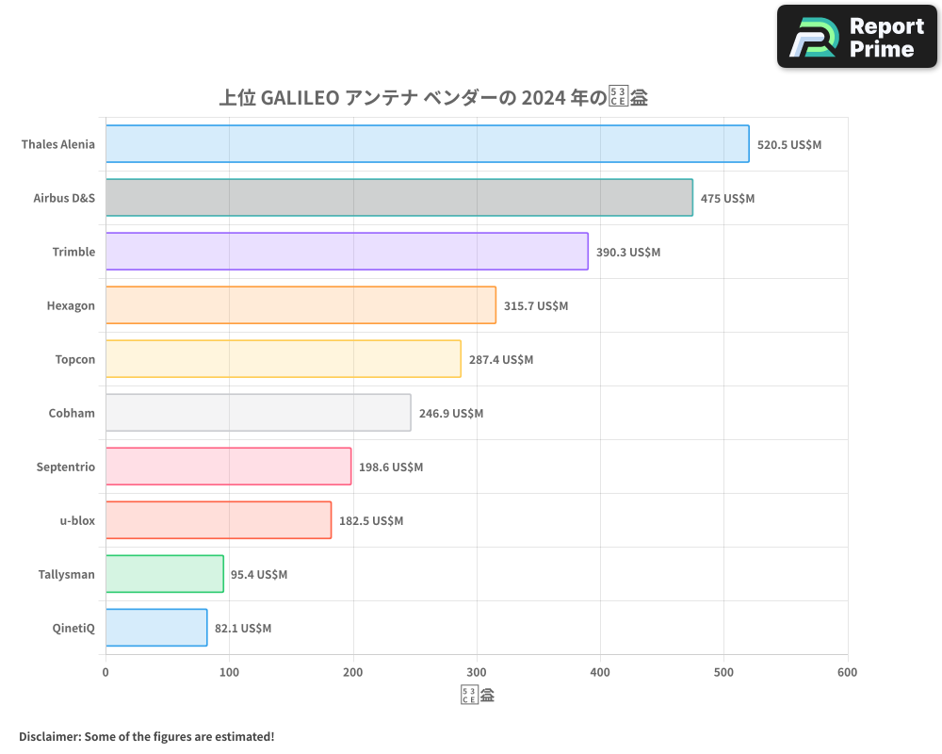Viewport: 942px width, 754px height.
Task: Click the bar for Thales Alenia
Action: point(427,144)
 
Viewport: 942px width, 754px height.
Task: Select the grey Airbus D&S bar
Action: point(398,198)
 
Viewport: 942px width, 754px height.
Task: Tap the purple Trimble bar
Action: point(347,252)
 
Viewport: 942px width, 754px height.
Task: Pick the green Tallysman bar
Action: point(164,574)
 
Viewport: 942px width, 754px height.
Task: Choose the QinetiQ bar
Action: point(156,628)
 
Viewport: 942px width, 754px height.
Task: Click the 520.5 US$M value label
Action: point(789,145)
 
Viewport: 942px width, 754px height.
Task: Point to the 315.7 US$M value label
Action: point(536,306)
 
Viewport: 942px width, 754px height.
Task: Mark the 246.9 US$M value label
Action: point(450,414)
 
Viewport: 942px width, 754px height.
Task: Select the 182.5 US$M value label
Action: point(370,521)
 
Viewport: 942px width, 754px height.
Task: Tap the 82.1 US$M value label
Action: point(242,629)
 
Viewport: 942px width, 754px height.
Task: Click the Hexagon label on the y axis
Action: point(71,306)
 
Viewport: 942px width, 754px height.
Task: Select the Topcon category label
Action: point(75,360)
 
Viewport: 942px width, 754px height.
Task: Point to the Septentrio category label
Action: point(66,467)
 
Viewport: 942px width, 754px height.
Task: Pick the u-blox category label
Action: point(77,521)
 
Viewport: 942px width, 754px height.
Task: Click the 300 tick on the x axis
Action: point(477,673)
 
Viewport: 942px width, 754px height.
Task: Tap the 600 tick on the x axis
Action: point(847,673)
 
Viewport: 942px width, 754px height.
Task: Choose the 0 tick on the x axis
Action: point(106,673)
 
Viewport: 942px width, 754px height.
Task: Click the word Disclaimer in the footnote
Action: point(49,736)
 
